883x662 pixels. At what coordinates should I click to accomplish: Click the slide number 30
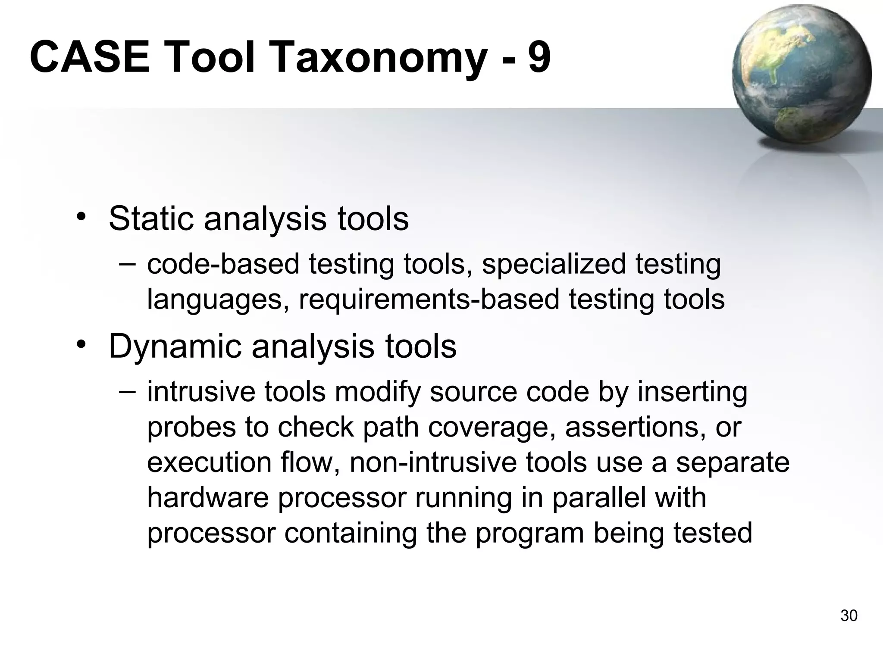[x=849, y=616]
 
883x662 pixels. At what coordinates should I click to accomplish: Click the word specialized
[x=553, y=265]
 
